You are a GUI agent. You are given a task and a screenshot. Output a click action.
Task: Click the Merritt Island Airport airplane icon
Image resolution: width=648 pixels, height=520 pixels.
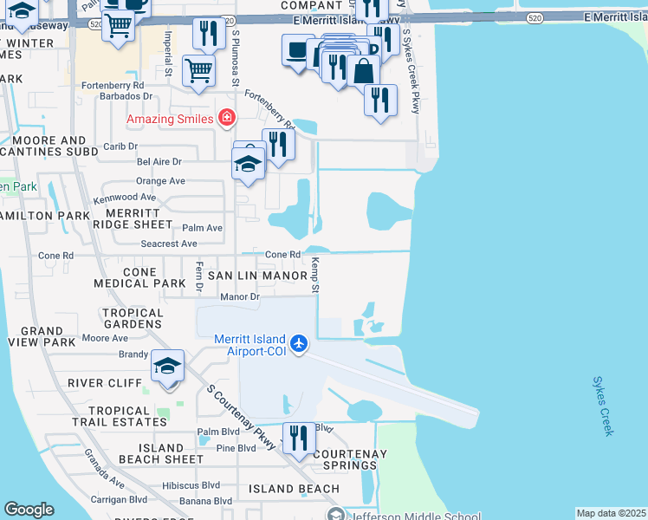pos(300,344)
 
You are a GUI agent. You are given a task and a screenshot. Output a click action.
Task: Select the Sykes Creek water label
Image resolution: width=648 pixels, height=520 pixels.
pos(603,405)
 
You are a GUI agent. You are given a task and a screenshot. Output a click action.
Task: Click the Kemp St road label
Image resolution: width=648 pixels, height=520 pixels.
pos(316,275)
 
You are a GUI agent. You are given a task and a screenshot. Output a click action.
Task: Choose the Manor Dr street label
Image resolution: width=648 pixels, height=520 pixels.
pos(240,297)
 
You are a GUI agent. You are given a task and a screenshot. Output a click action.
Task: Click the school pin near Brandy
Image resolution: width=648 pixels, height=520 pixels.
pos(168,366)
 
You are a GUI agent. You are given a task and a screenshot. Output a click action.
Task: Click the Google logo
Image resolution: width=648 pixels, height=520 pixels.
pos(29,510)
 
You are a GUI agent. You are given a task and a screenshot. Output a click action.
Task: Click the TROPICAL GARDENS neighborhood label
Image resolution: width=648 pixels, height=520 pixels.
pos(133,319)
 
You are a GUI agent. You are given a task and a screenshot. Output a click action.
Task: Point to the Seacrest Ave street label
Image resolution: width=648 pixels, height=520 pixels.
pos(171,244)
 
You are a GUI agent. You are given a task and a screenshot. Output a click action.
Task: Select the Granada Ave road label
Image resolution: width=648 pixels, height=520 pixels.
pos(105,469)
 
